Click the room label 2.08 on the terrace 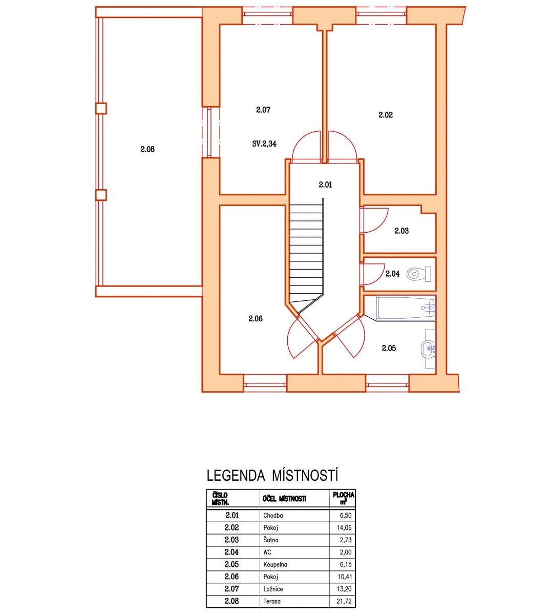coord(147,149)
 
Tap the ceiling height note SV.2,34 coord(264,143)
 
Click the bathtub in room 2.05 coord(406,308)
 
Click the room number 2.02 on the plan coord(386,115)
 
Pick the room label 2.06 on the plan coord(256,319)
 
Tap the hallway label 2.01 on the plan coord(325,184)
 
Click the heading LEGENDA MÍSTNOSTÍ coord(272,476)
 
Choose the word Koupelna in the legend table coord(275,565)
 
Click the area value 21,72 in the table coord(344,601)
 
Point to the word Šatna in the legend coord(271,540)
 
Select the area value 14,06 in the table coord(344,527)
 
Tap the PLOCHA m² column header coord(343,499)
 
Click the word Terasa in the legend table coord(272,601)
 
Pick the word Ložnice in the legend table coord(273,589)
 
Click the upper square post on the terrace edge coord(101,108)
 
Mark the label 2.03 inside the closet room coord(401,231)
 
